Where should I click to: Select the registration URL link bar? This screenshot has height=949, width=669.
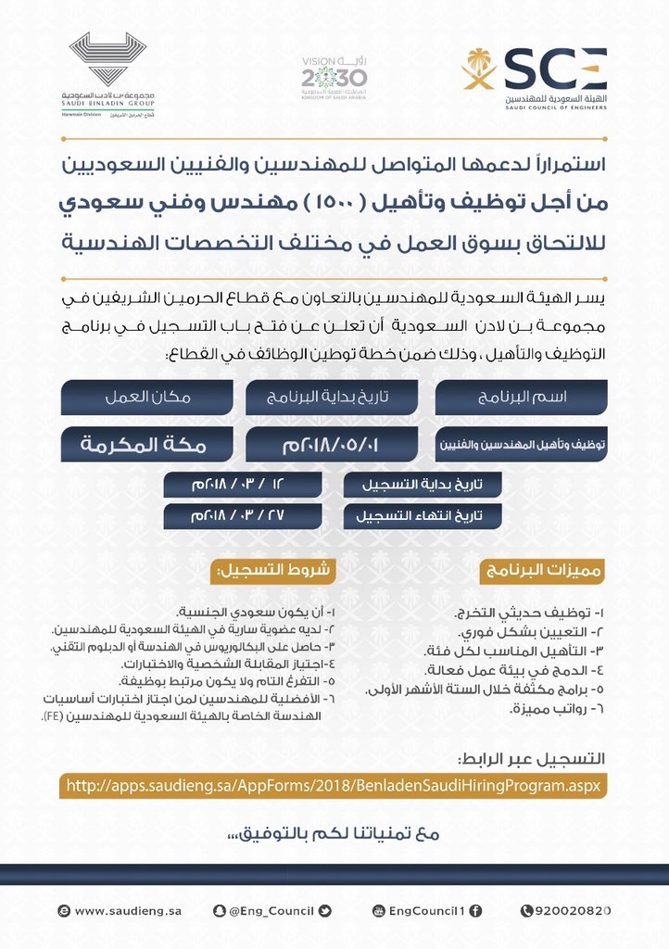[334, 786]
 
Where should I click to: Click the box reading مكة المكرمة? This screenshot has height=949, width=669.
[149, 444]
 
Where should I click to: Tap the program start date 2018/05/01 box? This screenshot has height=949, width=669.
[334, 444]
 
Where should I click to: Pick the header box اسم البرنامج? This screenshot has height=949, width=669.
[521, 396]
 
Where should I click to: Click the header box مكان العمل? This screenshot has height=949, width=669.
[149, 396]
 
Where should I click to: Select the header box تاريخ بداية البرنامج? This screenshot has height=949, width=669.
[334, 396]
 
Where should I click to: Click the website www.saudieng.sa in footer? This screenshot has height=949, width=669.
[109, 912]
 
